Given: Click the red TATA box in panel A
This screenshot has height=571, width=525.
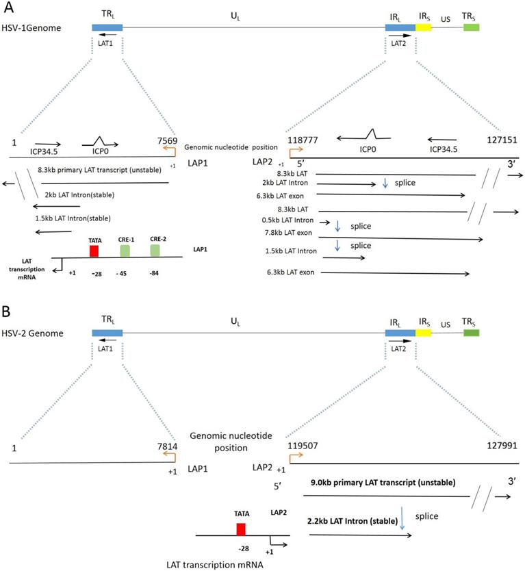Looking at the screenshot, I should point(94,250).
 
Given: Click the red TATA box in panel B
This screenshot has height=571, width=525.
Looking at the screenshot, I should point(241,530).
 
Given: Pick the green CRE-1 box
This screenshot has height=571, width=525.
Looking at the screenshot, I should point(125,251).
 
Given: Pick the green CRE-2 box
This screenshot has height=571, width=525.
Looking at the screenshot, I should point(155,251).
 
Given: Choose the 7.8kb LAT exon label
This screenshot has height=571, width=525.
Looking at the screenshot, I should point(293,234).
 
